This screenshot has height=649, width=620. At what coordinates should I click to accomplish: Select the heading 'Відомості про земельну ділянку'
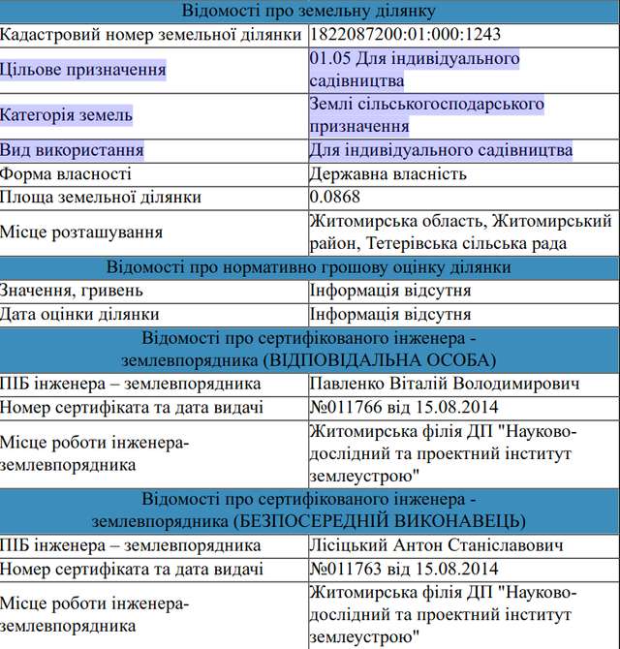[x=309, y=12]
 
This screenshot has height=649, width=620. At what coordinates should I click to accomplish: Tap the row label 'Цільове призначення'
[x=83, y=70]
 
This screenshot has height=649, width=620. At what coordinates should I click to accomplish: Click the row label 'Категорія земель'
[x=67, y=115]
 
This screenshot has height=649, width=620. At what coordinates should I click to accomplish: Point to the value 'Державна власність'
[x=387, y=174]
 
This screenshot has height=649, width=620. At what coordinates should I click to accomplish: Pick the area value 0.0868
[x=334, y=198]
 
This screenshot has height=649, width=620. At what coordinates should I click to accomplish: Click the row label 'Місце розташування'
[x=81, y=232]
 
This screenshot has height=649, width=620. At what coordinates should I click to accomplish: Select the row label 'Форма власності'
[x=66, y=174]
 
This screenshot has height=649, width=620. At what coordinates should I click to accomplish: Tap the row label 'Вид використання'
[x=72, y=150]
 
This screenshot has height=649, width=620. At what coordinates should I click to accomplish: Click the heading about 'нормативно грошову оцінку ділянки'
[x=309, y=267]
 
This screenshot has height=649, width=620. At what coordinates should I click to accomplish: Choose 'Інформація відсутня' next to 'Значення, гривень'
[x=390, y=291]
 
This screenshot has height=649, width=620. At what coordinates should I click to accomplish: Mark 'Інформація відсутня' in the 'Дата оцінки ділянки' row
[x=390, y=314]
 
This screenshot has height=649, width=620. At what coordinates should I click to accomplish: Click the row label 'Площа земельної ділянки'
[x=101, y=198]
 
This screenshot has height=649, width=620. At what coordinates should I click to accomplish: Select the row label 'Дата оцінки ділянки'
[x=79, y=314]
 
